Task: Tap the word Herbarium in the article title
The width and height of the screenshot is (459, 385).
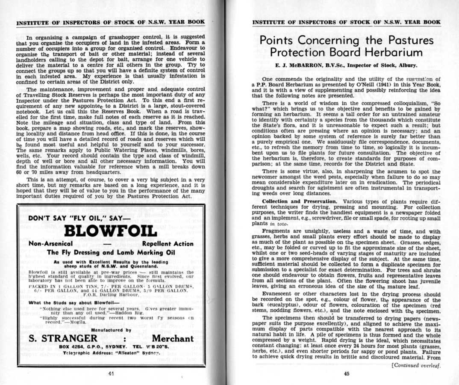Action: [x=388, y=53]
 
